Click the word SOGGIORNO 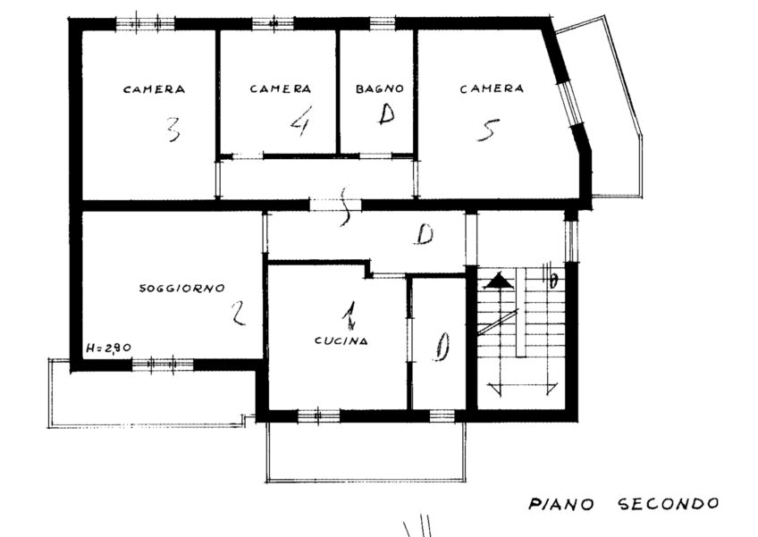click(x=182, y=288)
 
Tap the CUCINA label click(x=341, y=340)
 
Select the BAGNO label click(x=380, y=89)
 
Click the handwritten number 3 click(x=173, y=129)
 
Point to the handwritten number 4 click(x=300, y=121)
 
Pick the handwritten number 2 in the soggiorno click(x=238, y=313)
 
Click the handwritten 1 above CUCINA click(x=349, y=315)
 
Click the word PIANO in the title click(x=561, y=505)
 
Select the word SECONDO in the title click(x=669, y=504)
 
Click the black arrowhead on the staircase click(x=499, y=281)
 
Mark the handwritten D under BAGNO click(x=386, y=114)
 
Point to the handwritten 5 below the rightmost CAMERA click(x=488, y=130)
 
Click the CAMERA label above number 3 click(x=155, y=89)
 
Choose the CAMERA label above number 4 click(x=281, y=89)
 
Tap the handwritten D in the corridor click(x=425, y=235)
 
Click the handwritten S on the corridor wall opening click(x=344, y=206)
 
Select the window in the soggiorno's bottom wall click(x=163, y=365)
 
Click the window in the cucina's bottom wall click(x=318, y=415)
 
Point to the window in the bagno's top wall click(x=383, y=22)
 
